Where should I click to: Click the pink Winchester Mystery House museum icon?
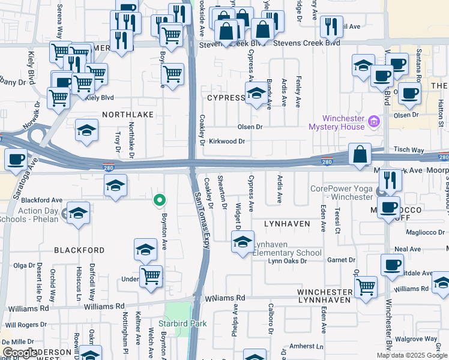(375, 122)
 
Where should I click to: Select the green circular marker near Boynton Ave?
(159, 200)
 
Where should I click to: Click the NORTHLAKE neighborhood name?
(128, 114)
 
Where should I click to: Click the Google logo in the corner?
(20, 353)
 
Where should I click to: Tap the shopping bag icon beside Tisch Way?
(359, 155)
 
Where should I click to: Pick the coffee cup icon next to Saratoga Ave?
(16, 160)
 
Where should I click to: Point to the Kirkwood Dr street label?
(227, 142)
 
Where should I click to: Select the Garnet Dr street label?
(342, 260)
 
